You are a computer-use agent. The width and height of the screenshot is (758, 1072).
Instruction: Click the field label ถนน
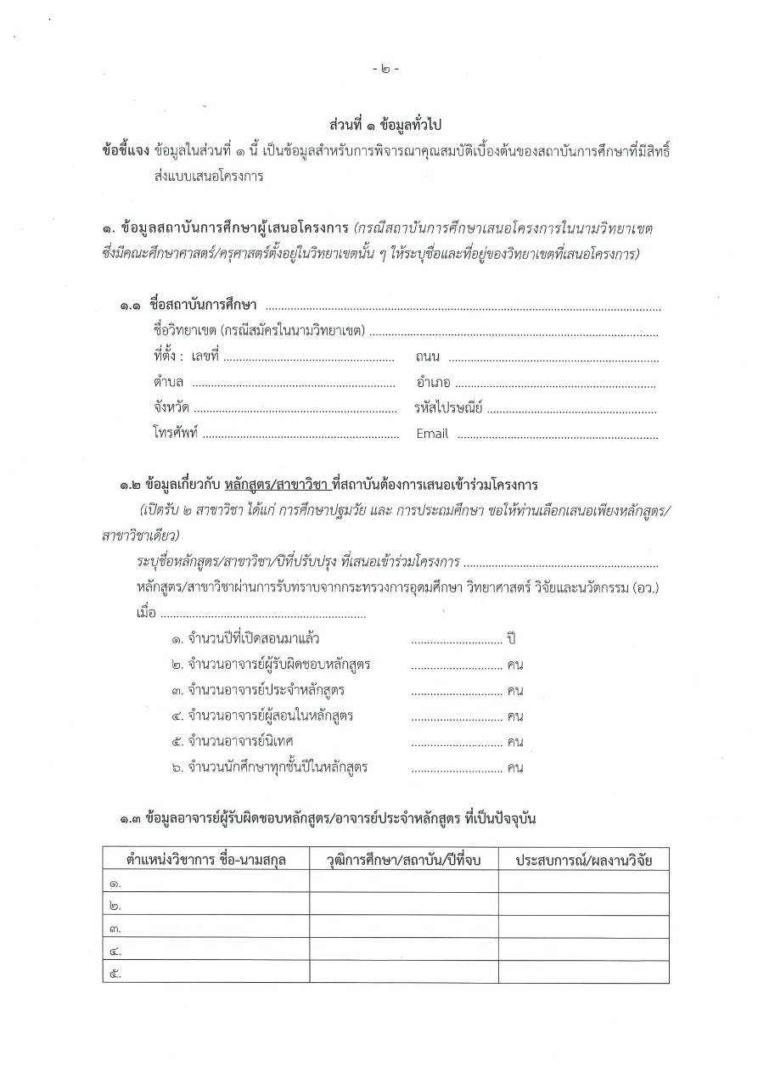(429, 357)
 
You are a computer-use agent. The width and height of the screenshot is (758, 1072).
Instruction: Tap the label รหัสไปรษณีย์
(448, 408)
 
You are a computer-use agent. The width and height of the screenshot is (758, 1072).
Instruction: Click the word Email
(432, 434)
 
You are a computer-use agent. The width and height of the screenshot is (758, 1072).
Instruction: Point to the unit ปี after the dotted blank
(512, 637)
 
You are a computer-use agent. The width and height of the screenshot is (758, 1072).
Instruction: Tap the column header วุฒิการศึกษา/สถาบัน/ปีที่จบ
(403, 860)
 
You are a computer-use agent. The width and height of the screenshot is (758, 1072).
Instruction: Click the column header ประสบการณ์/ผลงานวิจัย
(582, 860)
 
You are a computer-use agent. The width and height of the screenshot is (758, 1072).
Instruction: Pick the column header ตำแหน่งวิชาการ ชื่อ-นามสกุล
(206, 860)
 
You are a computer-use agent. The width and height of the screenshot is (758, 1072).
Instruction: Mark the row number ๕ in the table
(116, 973)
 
